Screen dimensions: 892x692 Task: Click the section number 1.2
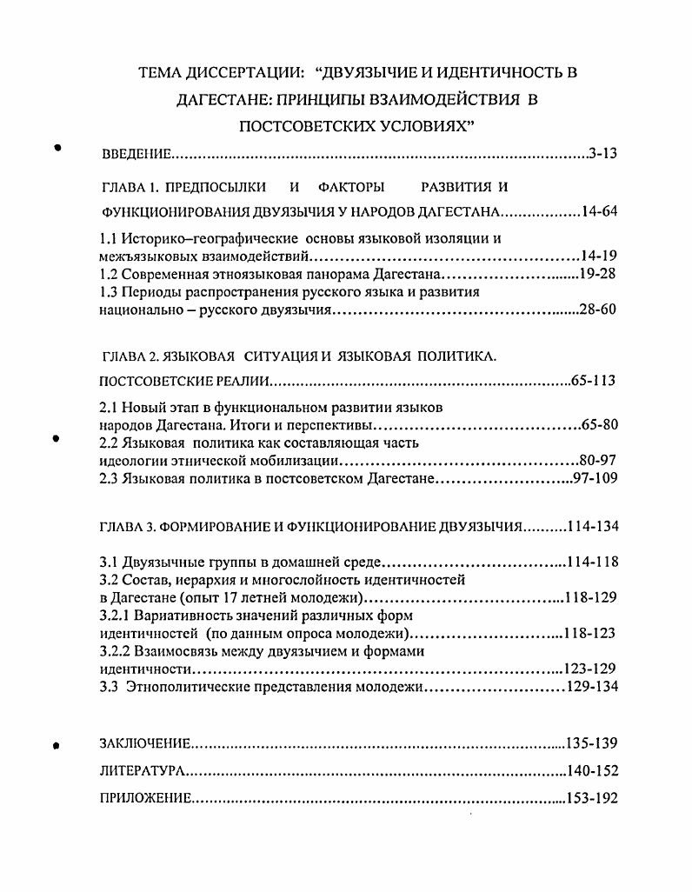pos(109,274)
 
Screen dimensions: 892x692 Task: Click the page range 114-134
pos(592,526)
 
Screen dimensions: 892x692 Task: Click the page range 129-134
pos(592,687)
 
